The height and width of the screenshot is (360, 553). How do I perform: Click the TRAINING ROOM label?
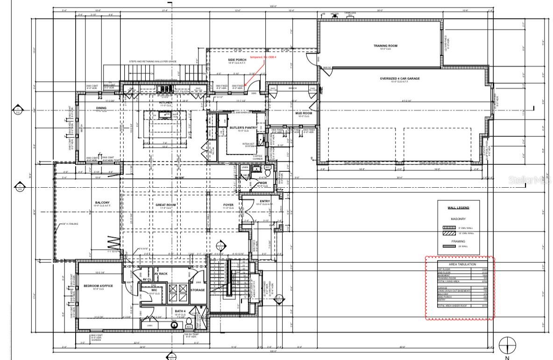click(x=385, y=46)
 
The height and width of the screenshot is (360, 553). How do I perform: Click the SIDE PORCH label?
click(x=237, y=60)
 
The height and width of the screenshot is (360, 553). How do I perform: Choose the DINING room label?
click(x=101, y=108)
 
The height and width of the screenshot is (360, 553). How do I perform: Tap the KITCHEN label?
click(x=166, y=102)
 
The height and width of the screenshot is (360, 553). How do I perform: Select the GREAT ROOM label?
click(x=165, y=205)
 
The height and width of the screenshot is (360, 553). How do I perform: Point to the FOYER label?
click(x=227, y=205)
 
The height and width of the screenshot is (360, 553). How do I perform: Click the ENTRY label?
click(x=264, y=201)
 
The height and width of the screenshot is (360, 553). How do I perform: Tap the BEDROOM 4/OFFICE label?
click(x=98, y=286)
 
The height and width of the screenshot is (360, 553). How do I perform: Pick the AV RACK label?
click(x=161, y=274)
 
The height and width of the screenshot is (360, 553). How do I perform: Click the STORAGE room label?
click(x=198, y=290)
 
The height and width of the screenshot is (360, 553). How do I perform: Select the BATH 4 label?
click(x=180, y=311)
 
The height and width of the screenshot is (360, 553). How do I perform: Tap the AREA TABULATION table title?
click(x=460, y=264)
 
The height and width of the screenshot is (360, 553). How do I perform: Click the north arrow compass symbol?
click(x=507, y=346)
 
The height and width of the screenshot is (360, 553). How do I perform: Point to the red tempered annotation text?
click(x=263, y=57)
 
